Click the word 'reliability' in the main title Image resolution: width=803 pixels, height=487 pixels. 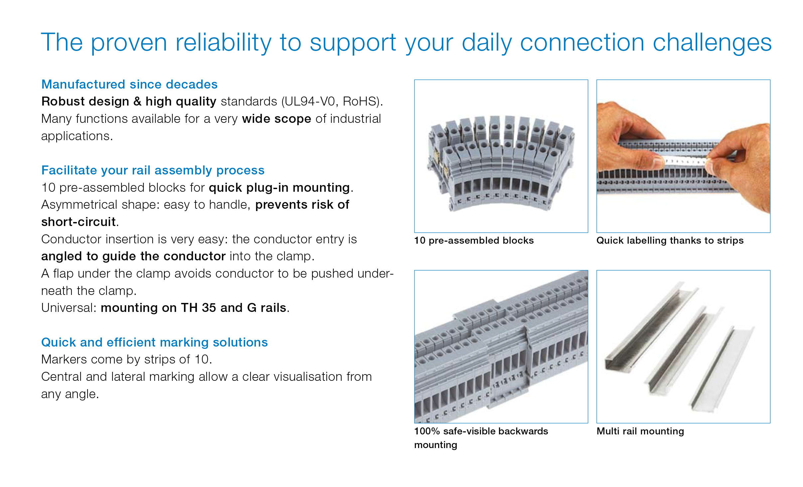[224, 43]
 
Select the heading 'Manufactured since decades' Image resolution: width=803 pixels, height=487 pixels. [129, 85]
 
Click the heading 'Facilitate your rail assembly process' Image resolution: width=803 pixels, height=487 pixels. [153, 170]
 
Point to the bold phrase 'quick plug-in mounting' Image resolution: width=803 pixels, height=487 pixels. [279, 188]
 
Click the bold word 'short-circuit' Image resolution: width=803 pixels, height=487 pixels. [79, 222]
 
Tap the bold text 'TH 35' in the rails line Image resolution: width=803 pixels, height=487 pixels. [199, 308]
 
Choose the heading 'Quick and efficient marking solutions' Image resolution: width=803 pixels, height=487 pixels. [154, 343]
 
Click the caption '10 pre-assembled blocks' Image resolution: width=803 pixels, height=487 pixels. [474, 241]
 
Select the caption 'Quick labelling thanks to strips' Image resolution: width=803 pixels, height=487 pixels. [670, 241]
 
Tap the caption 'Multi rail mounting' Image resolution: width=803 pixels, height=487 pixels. [640, 431]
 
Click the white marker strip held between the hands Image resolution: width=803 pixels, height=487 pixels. [685, 161]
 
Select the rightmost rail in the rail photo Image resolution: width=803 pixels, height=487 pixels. [722, 369]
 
